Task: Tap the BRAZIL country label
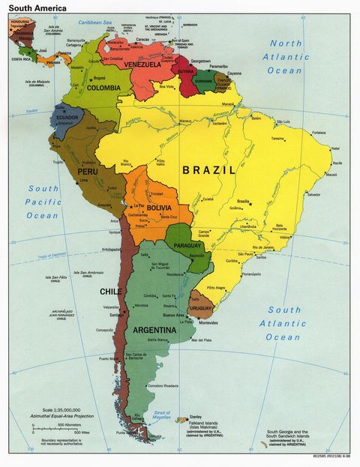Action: tap(208, 170)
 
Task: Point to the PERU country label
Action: tap(87, 171)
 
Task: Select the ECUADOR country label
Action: tap(66, 118)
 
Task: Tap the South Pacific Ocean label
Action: tap(43, 202)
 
